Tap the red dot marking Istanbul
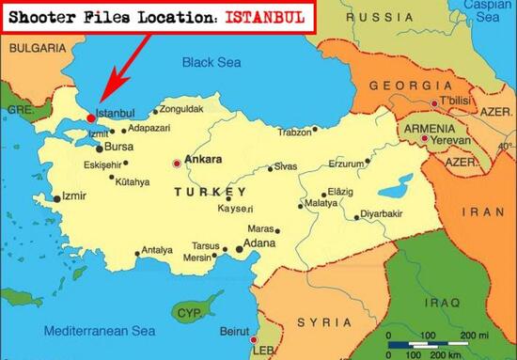pos(90,118)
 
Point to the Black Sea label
pos(212,63)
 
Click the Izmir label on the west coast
pos(74,196)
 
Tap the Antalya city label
pos(157,250)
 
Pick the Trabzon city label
pos(295,132)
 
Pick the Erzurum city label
pos(345,164)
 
